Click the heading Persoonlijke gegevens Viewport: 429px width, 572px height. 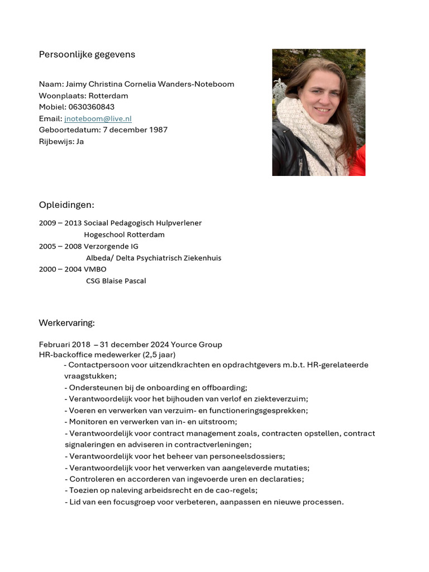tap(87, 55)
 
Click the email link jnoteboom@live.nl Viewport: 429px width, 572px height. tap(98, 118)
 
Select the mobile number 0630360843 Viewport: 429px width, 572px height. tap(92, 107)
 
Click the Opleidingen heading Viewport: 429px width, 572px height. tap(66, 205)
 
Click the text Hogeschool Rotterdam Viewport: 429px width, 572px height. tap(124, 235)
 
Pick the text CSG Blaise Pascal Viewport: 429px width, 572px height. tap(116, 281)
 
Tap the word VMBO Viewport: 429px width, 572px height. tap(95, 269)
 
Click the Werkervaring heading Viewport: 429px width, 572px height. tap(66, 323)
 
